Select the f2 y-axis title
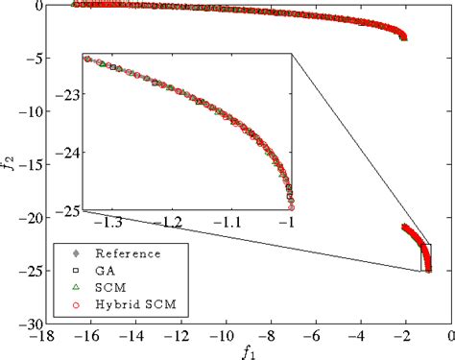[x=8, y=164]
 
